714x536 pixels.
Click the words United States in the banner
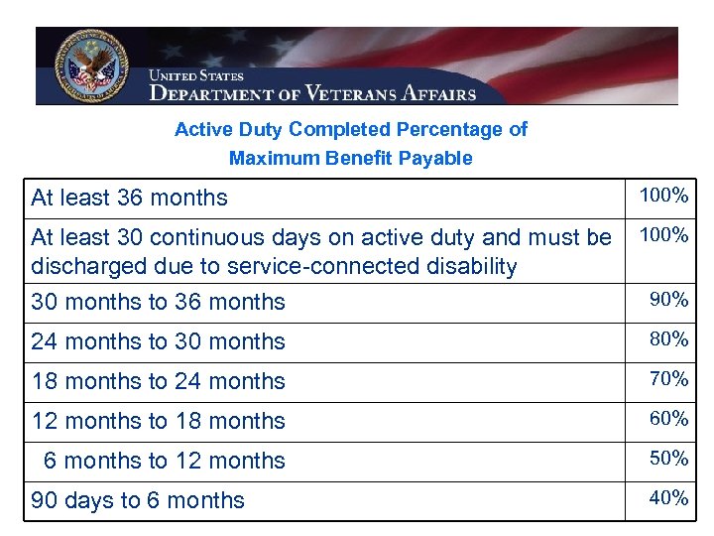[196, 75]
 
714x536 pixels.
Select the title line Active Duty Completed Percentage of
[351, 129]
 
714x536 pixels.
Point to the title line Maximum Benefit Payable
[351, 158]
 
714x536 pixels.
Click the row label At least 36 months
[129, 198]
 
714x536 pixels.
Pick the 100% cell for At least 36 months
[663, 196]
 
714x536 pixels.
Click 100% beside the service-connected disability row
[663, 235]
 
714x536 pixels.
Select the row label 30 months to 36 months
[159, 302]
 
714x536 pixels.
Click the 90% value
[668, 300]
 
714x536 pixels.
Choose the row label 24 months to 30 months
[159, 341]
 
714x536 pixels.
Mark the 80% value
[668, 339]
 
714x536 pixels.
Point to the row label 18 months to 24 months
[159, 381]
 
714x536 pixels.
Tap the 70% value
[668, 379]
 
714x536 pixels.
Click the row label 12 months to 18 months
[159, 421]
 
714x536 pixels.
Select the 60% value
[668, 419]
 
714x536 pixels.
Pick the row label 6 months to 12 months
[164, 461]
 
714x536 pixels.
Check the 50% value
[668, 459]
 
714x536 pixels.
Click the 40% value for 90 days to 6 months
[668, 498]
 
